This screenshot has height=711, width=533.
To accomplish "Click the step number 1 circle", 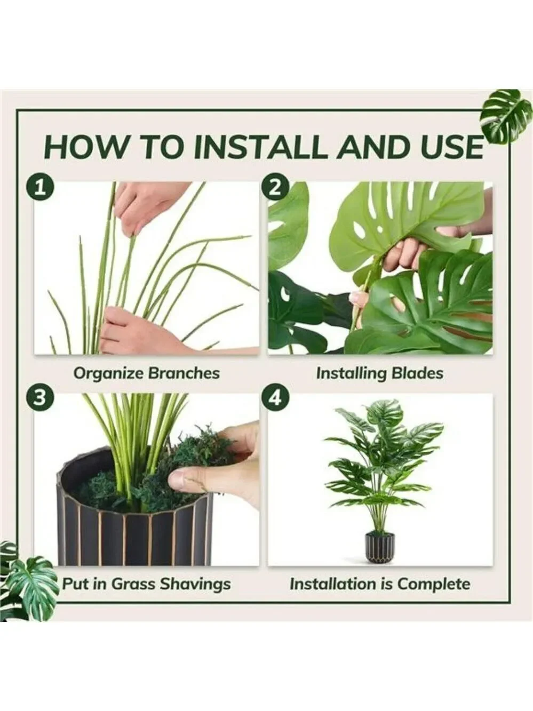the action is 40,188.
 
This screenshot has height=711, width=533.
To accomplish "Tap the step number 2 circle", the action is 275,188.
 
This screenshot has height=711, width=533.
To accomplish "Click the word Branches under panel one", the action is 184,373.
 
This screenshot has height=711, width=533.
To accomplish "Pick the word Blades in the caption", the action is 417,373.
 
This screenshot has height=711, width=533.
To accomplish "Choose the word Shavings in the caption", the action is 195,585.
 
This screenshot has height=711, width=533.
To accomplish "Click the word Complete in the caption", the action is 434,585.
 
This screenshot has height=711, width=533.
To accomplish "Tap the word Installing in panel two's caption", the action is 351,374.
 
